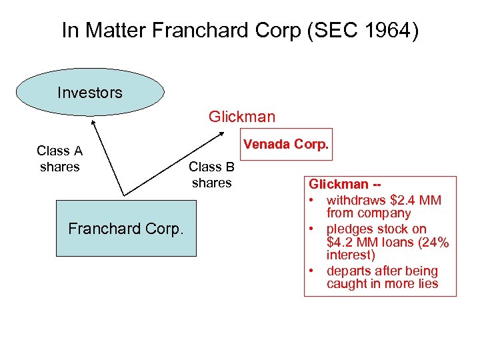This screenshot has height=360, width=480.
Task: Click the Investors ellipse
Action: pyautogui.click(x=90, y=93)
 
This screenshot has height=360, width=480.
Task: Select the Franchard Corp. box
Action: pyautogui.click(x=126, y=229)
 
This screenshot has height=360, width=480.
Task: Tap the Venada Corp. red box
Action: pyautogui.click(x=287, y=144)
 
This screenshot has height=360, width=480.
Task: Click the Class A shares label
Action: pyautogui.click(x=59, y=159)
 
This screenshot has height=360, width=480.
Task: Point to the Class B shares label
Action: pyautogui.click(x=211, y=175)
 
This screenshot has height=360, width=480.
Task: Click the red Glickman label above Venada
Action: pyautogui.click(x=241, y=117)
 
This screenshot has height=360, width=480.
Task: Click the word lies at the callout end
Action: pyautogui.click(x=427, y=284)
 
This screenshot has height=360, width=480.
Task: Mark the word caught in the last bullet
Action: pyautogui.click(x=345, y=284)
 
